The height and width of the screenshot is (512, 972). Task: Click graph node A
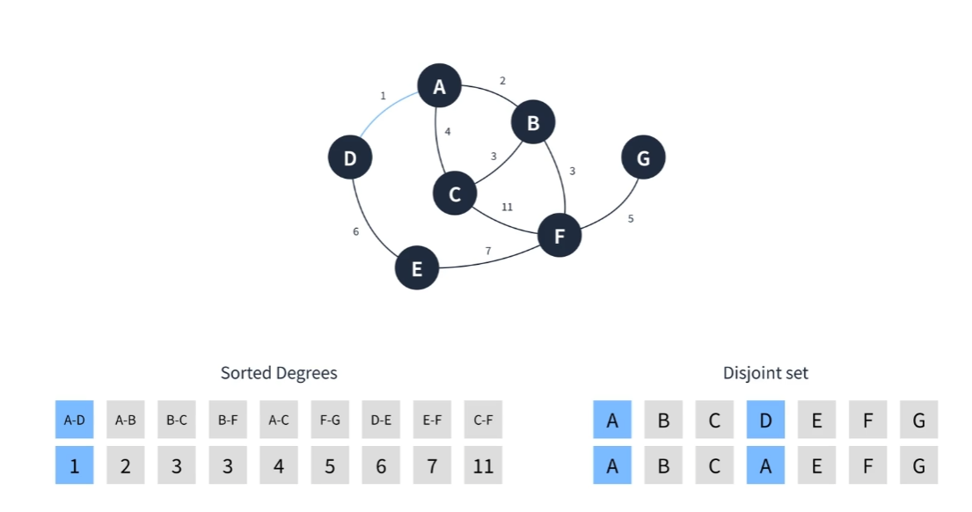click(439, 85)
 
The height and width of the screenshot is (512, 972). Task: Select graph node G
click(643, 157)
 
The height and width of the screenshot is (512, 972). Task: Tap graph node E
click(417, 267)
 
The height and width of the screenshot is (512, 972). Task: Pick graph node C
click(455, 194)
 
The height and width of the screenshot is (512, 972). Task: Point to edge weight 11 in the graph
click(507, 207)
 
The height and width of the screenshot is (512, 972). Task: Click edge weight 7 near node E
click(488, 251)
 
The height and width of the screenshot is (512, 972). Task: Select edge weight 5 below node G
click(631, 219)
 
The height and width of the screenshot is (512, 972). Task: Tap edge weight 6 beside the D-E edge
click(356, 232)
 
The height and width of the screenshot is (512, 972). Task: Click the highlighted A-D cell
click(75, 420)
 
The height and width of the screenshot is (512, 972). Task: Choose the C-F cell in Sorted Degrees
click(483, 420)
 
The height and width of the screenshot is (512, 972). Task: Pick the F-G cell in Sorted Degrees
click(330, 420)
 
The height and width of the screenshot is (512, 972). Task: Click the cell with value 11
click(483, 464)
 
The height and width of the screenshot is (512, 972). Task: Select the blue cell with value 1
click(75, 464)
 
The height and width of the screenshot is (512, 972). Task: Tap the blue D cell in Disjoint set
click(765, 420)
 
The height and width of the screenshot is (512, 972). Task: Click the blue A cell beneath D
click(765, 464)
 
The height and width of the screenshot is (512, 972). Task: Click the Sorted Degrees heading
click(279, 372)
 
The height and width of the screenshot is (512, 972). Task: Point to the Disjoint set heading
click(765, 372)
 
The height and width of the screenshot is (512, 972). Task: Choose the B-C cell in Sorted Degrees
click(177, 420)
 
